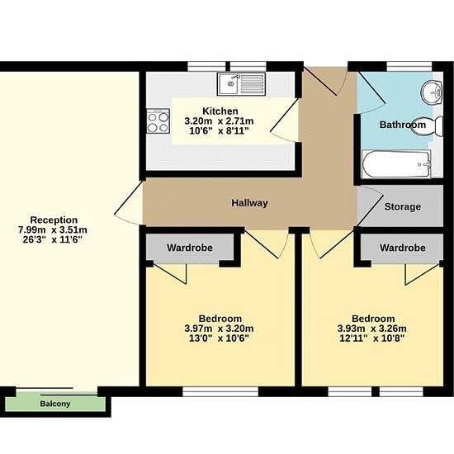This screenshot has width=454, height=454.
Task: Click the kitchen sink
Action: click(241, 84)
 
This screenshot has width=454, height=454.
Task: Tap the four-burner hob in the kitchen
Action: click(158, 121)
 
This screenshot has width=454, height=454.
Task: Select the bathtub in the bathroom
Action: click(396, 164)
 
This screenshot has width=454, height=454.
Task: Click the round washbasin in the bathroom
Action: click(431, 93)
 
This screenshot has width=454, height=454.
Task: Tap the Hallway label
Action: click(249, 203)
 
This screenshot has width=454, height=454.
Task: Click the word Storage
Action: click(403, 206)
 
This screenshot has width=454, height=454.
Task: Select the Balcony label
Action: click(55, 404)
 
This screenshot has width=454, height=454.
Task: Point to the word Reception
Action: click(54, 220)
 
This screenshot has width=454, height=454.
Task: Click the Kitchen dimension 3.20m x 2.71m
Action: click(219, 121)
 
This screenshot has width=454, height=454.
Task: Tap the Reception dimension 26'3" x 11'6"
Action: click(53, 239)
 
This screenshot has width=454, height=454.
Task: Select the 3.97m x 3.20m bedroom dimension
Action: click(219, 329)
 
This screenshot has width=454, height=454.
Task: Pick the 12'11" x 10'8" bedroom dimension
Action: click(371, 338)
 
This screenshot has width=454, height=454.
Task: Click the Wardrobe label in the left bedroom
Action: click(190, 248)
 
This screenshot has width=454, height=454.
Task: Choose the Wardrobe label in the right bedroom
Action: click(403, 248)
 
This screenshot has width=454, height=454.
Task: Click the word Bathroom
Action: click(403, 125)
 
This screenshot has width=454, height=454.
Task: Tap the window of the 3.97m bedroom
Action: click(220, 392)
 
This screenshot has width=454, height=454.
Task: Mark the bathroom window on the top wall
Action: click(409, 66)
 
